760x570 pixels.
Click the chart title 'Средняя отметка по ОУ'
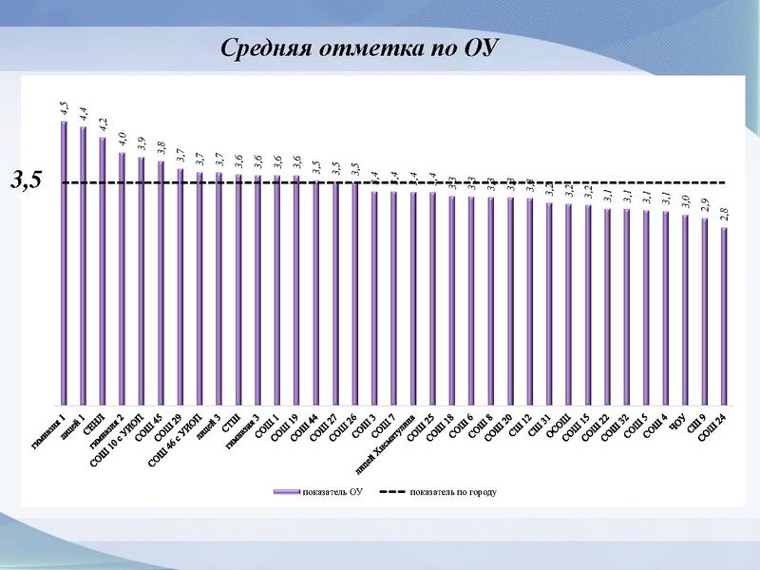pos(352,48)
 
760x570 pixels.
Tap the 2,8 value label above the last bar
pos(724,215)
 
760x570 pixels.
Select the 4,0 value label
pos(123,140)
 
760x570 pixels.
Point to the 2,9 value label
pos(704,205)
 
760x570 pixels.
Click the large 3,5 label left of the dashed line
pos(27,180)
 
